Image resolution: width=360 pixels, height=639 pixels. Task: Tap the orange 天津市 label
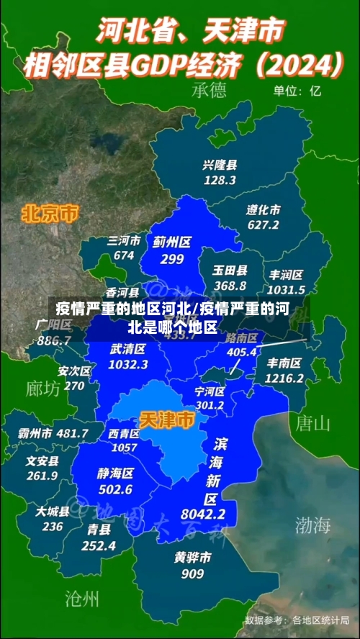pyautogui.click(x=166, y=420)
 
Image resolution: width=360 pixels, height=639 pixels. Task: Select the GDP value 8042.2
pyautogui.click(x=203, y=514)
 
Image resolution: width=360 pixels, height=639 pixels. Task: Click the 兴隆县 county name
pyautogui.click(x=220, y=165)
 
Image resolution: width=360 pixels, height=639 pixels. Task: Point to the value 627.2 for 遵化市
pyautogui.click(x=263, y=225)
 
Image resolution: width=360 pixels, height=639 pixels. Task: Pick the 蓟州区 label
pyautogui.click(x=172, y=243)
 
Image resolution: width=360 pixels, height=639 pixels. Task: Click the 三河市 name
pyautogui.click(x=124, y=240)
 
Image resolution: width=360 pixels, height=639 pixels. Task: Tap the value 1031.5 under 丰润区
pyautogui.click(x=287, y=289)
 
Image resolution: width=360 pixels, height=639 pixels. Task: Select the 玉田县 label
pyautogui.click(x=230, y=271)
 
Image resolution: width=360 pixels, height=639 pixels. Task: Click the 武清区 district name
pyautogui.click(x=128, y=348)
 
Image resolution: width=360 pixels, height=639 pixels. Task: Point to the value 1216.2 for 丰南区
pyautogui.click(x=284, y=378)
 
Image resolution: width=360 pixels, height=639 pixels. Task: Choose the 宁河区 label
pyautogui.click(x=210, y=391)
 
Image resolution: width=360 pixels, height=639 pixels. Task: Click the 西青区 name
pyautogui.click(x=124, y=434)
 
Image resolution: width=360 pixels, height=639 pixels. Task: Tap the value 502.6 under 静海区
pyautogui.click(x=115, y=489)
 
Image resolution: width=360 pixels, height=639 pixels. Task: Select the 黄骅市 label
pyautogui.click(x=192, y=557)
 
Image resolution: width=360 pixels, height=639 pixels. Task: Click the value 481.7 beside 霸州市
pyautogui.click(x=72, y=433)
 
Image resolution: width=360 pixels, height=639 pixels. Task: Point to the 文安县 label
pyautogui.click(x=42, y=460)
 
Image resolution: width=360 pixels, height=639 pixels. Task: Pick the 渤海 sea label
pyautogui.click(x=312, y=525)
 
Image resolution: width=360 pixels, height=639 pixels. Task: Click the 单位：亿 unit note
pyautogui.click(x=297, y=91)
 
